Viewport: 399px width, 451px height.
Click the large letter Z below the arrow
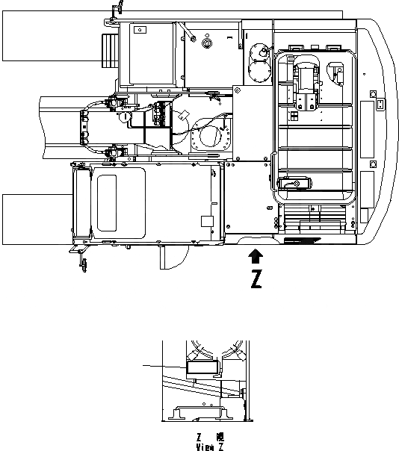(256, 279)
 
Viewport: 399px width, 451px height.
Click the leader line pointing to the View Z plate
(164, 365)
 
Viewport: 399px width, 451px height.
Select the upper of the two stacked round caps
(259, 52)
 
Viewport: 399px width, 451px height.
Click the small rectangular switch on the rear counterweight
(380, 104)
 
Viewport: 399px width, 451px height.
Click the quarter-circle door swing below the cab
(173, 258)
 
